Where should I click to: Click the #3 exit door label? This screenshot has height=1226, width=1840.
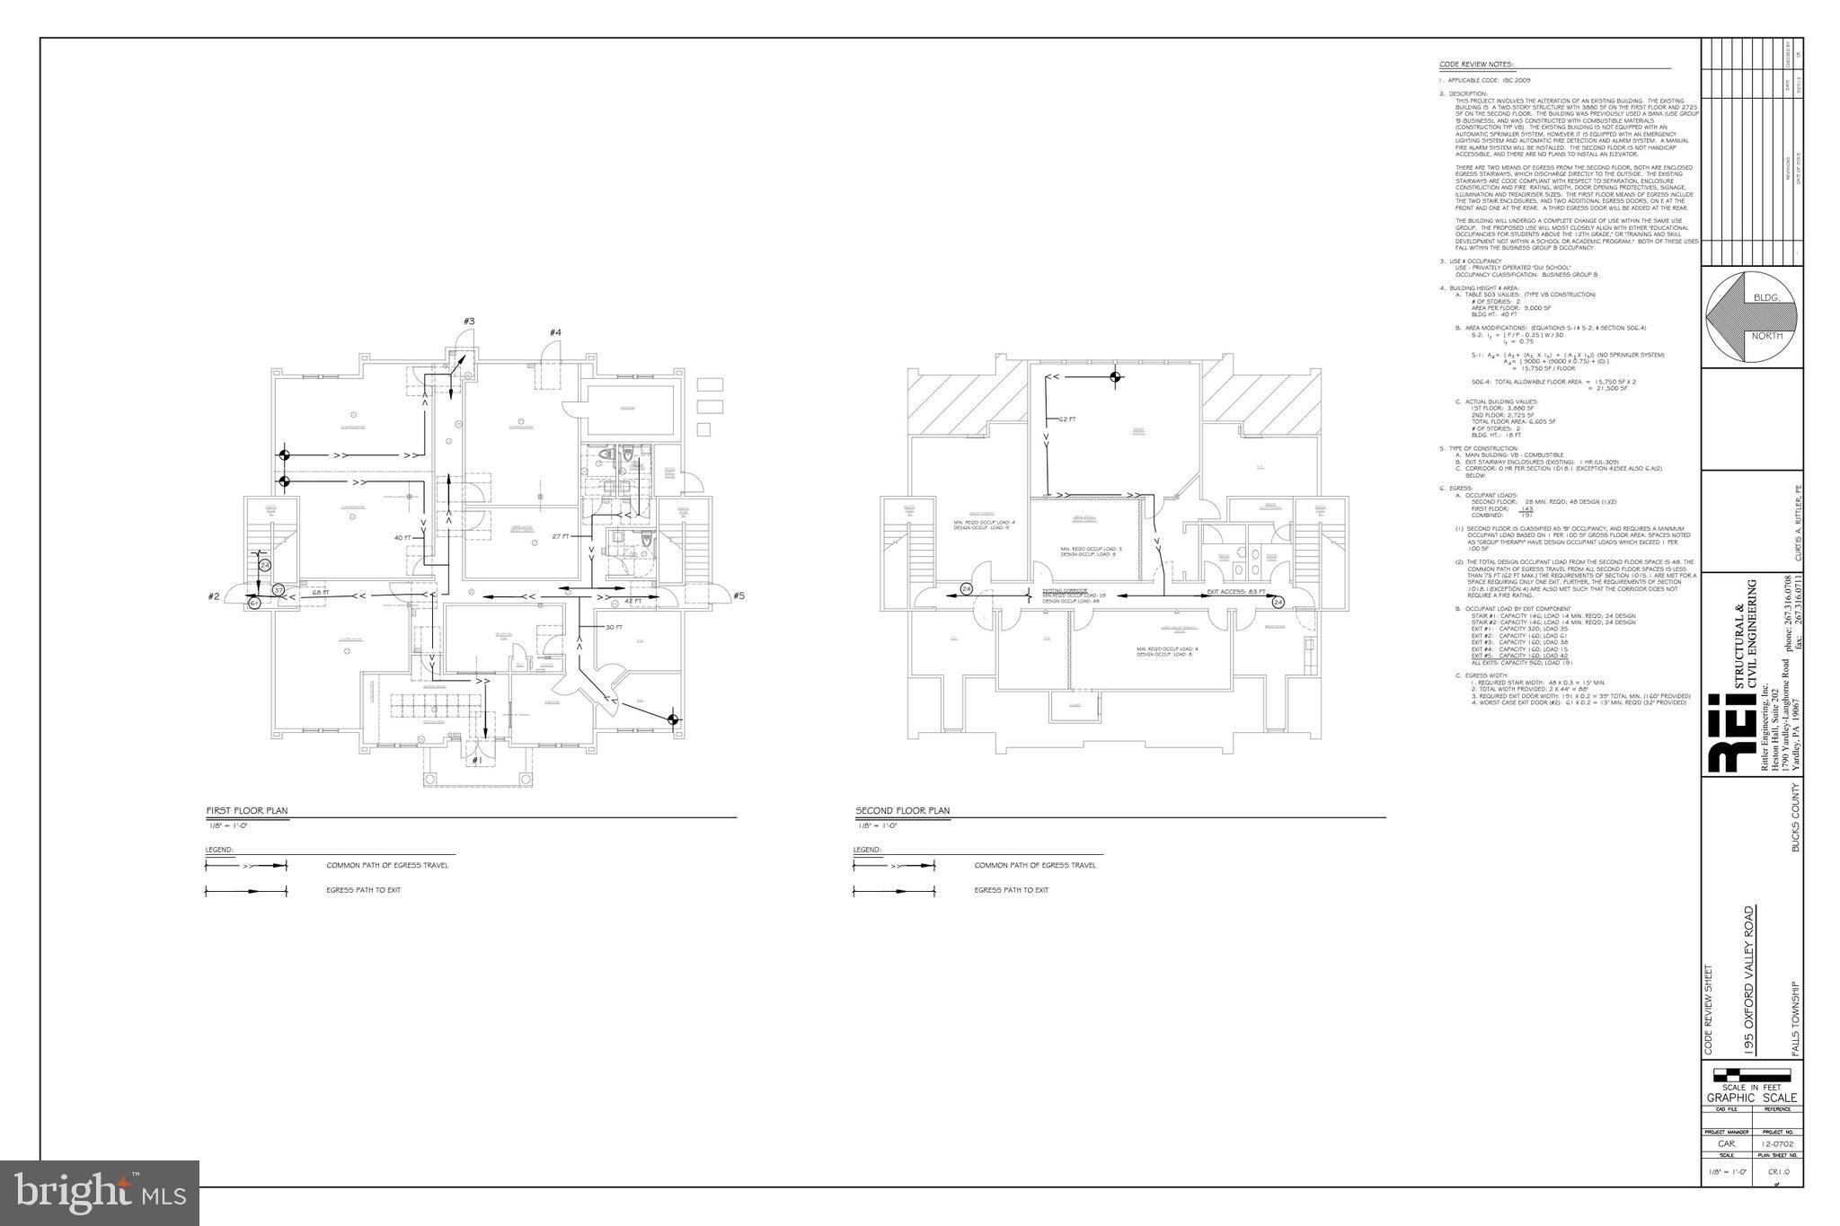469,322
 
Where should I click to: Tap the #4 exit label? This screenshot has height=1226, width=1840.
556,333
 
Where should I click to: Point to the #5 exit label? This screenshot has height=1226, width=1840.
739,595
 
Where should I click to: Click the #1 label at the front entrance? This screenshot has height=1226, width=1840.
476,760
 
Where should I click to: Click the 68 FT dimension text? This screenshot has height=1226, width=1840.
321,593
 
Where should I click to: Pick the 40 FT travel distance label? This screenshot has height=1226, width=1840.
402,538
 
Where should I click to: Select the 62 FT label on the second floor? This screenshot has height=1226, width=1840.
1067,419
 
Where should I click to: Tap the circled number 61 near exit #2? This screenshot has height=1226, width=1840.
254,603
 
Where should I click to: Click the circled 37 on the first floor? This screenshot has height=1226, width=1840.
279,590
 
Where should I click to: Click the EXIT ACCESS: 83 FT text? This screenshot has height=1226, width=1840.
1236,592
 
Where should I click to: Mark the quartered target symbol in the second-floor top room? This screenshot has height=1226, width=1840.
1115,377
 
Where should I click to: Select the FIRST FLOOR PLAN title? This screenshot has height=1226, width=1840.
247,811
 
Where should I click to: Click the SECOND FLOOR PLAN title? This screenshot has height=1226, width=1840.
902,811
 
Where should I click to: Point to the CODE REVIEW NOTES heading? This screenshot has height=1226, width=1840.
1476,65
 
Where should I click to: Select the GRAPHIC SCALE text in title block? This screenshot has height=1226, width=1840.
1751,1098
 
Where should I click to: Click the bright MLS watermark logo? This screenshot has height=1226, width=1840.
100,1192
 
